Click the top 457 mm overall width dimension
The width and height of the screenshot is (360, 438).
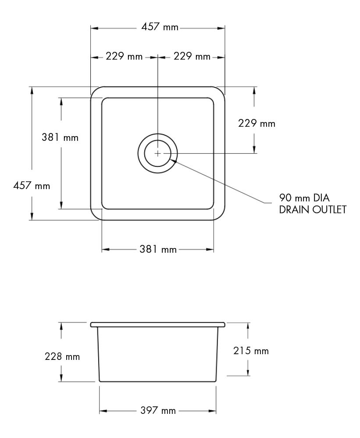160,27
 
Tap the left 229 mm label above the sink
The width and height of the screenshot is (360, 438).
124,57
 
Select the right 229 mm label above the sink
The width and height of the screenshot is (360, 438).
192,57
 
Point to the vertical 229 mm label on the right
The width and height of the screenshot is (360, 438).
257,123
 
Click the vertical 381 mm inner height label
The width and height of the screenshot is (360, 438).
60,137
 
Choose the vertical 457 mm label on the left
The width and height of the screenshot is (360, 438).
32,186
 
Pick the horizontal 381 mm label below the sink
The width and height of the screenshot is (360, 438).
158,250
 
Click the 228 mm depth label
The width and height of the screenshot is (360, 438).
62,356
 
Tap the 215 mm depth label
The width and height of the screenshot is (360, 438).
251,351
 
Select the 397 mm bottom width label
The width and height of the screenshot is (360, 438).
157,411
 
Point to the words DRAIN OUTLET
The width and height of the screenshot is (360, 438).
313,209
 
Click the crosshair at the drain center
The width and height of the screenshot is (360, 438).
158,153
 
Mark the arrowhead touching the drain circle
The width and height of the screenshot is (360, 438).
174,161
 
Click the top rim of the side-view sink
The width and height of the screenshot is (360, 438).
158,324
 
